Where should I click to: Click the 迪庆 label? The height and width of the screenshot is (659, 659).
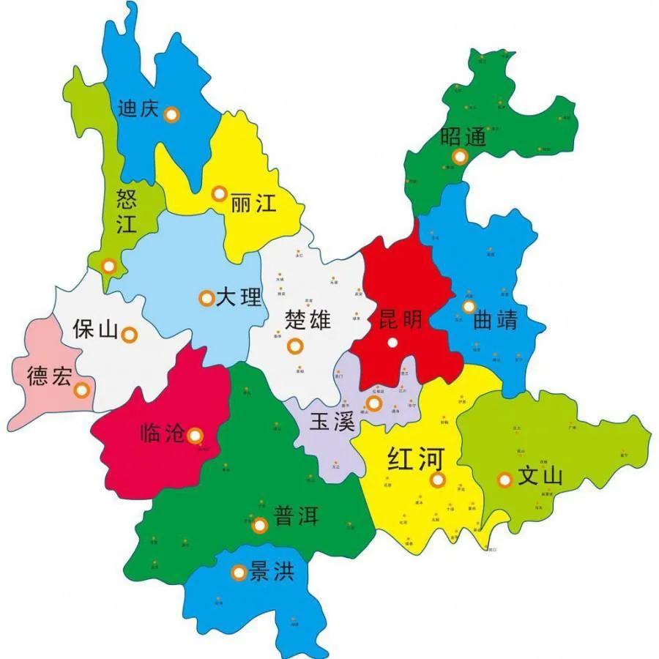(138, 109)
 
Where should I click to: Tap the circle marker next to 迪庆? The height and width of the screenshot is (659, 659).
(171, 114)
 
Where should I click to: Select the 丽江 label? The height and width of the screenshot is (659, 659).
(253, 203)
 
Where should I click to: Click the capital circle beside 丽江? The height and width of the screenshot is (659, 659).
(218, 193)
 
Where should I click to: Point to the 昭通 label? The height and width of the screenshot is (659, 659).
(463, 137)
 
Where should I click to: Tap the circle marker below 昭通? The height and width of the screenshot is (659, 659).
(460, 156)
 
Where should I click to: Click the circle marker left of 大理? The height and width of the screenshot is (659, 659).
(206, 298)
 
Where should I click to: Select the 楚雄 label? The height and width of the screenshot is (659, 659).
(308, 320)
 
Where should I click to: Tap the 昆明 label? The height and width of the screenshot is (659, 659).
(400, 319)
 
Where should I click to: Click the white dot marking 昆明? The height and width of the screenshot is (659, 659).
(393, 342)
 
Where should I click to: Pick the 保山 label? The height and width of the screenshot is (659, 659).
(95, 329)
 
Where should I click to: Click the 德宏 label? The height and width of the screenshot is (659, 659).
(50, 377)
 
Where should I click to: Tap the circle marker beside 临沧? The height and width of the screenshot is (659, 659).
(195, 436)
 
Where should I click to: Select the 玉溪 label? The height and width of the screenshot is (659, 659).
(332, 422)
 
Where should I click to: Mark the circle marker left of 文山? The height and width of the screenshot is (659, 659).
(505, 480)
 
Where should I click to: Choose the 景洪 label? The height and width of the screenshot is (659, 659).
(272, 571)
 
